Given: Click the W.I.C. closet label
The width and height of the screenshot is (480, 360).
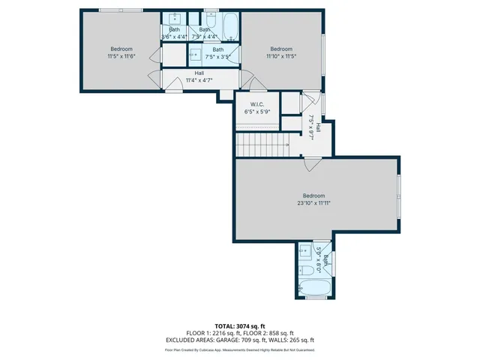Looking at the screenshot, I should point(256,105).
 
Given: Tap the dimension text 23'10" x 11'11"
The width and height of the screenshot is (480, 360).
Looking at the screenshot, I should point(313,202).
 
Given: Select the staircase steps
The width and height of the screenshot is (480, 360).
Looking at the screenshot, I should point(262,142).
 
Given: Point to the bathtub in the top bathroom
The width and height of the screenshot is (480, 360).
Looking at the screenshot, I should point(229,24).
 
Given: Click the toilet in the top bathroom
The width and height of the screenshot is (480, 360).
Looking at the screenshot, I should point(211,17).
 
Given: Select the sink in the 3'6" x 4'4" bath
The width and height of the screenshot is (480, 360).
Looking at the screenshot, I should point(174,19).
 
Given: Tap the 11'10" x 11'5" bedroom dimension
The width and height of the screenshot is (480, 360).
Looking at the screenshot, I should point(281,55).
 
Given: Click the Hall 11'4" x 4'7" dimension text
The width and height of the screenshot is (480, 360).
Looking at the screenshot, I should point(199,79).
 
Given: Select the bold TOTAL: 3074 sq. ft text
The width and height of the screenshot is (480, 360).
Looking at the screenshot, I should point(239,326).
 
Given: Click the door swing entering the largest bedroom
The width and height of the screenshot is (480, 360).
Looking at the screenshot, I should point(313,164).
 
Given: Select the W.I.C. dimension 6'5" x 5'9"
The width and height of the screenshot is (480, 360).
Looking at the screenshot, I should point(256,112).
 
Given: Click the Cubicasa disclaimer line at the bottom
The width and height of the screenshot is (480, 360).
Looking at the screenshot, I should point(239,349).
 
